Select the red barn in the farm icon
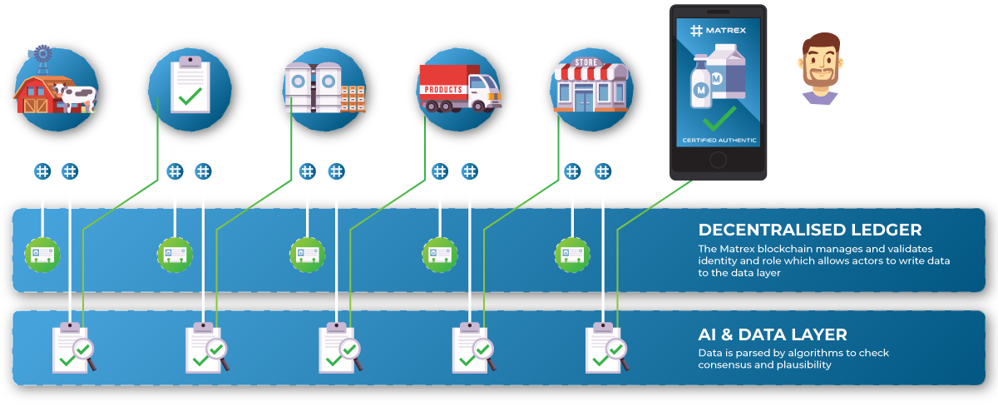36,94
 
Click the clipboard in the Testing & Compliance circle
190,85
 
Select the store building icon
590,87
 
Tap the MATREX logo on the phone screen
716,31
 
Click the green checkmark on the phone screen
716,114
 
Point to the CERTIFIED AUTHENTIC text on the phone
716,140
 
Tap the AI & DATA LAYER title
773,334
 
